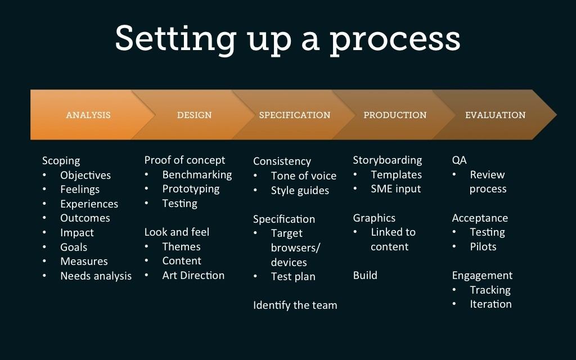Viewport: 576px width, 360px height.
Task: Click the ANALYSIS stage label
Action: (x=88, y=115)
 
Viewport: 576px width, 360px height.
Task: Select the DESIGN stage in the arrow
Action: (x=194, y=115)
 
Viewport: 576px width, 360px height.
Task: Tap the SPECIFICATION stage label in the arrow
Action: (x=295, y=115)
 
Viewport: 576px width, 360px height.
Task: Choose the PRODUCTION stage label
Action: (x=395, y=115)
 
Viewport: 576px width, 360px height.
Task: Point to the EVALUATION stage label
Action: (x=495, y=115)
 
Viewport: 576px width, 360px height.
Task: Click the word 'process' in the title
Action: (x=395, y=39)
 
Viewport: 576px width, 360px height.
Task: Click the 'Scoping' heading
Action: (x=61, y=161)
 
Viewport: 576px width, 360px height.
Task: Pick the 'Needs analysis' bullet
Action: (x=96, y=276)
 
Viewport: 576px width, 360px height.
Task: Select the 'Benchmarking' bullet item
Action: (x=197, y=175)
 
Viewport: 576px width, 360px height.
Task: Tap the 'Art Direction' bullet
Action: (x=193, y=275)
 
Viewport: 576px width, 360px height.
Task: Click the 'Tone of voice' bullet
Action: (x=303, y=175)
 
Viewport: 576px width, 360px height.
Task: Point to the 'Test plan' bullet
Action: (x=293, y=276)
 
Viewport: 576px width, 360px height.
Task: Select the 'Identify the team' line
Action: (x=295, y=305)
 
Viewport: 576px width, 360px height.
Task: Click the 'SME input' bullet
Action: (x=395, y=189)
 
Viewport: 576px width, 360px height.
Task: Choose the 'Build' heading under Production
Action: (x=365, y=275)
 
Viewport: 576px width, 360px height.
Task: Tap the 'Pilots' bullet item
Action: (x=483, y=246)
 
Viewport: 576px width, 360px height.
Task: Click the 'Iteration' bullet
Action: (x=490, y=304)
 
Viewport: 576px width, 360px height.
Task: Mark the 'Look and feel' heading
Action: (x=177, y=232)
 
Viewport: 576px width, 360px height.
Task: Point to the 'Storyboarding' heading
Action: (x=387, y=160)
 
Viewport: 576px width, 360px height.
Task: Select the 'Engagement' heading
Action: (x=482, y=275)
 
